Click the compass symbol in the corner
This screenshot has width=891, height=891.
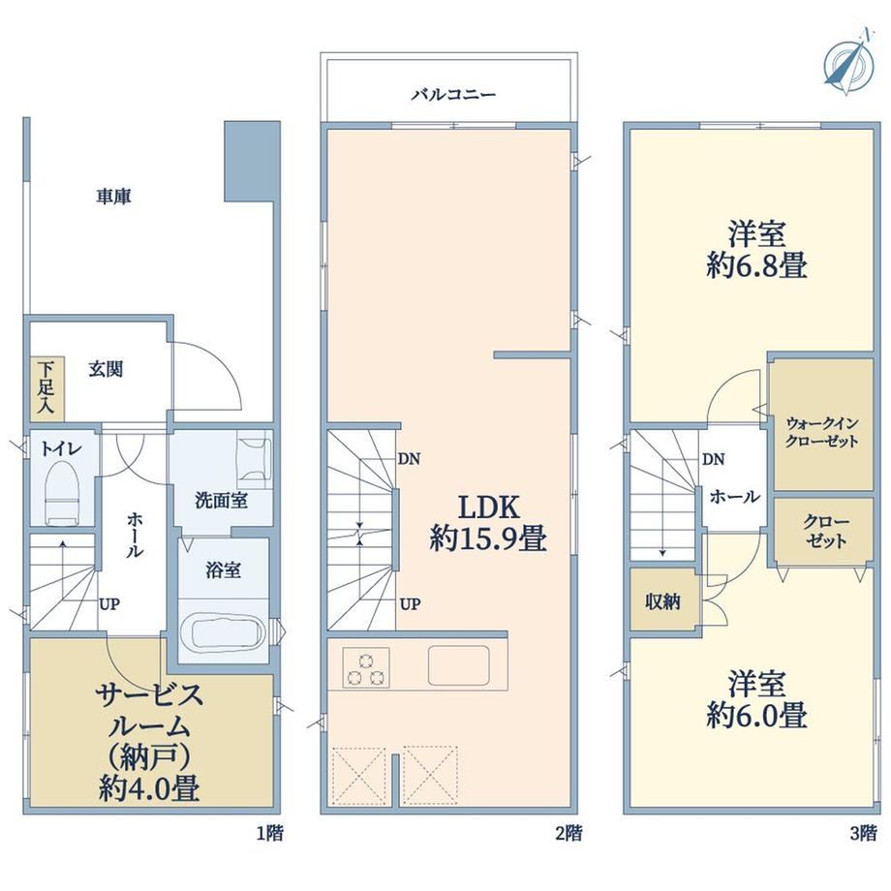(x=848, y=63)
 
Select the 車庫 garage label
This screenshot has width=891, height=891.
(x=113, y=197)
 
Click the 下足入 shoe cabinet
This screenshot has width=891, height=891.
(x=46, y=388)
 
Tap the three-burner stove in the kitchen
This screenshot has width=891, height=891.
(x=366, y=667)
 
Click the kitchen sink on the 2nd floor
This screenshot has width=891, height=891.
(x=458, y=665)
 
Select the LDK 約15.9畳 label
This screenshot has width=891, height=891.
(x=488, y=523)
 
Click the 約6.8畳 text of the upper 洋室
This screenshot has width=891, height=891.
(x=756, y=265)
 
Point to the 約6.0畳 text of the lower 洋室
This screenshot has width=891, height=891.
(x=756, y=716)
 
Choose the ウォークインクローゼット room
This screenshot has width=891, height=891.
(x=821, y=424)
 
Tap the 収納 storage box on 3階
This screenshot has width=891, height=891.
(x=662, y=600)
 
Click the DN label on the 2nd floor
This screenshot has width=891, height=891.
(x=409, y=458)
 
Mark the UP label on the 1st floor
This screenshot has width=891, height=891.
(x=109, y=603)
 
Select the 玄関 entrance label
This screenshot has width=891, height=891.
(x=106, y=369)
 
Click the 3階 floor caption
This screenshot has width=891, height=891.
(x=863, y=834)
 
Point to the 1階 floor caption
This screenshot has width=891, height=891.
(x=269, y=834)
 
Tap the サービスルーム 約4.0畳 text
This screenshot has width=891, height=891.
(x=149, y=742)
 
